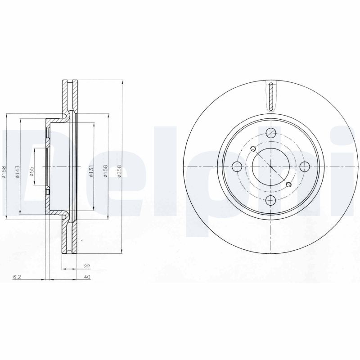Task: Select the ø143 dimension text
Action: (x=17, y=173)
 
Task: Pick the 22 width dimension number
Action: (x=81, y=266)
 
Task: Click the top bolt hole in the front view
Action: (x=270, y=132)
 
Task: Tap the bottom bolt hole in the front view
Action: (x=270, y=201)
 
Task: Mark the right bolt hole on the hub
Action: (x=305, y=166)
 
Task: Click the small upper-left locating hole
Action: (x=252, y=149)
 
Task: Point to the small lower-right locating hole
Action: (x=289, y=184)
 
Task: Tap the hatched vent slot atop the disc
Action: (x=270, y=96)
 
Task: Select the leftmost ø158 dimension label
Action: (x=3, y=173)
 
